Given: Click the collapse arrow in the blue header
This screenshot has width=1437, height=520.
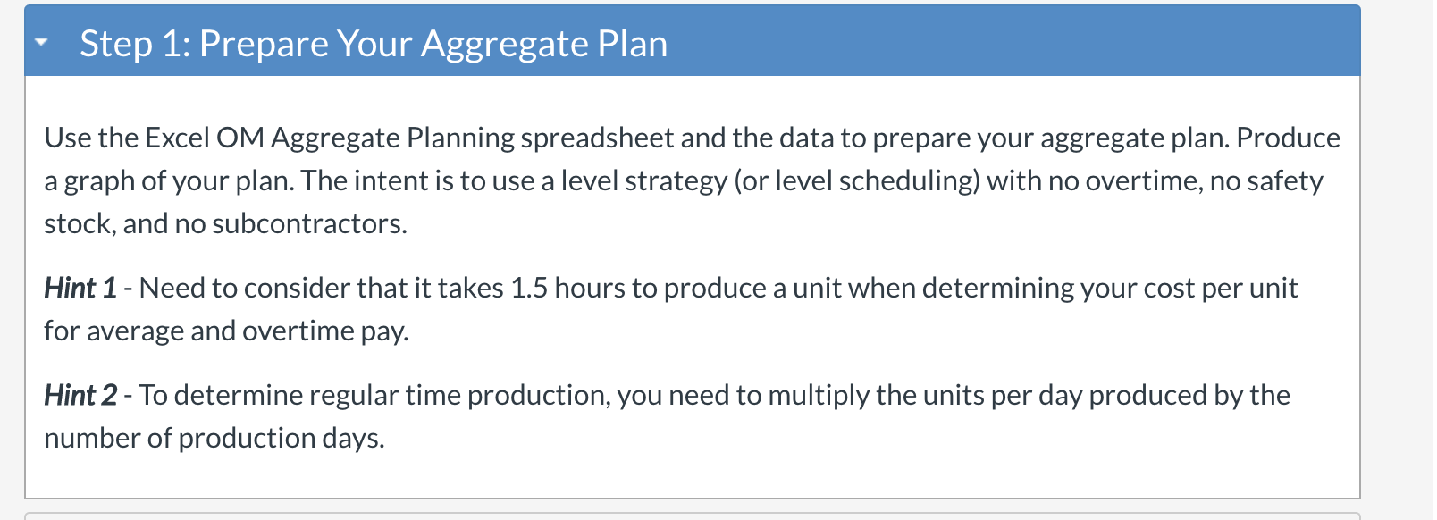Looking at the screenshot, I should (x=41, y=43).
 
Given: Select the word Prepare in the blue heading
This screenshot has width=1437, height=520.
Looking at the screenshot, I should (x=264, y=44).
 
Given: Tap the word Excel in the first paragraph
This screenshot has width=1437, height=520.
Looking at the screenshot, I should (x=177, y=138).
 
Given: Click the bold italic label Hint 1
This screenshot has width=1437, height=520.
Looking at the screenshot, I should (x=80, y=288).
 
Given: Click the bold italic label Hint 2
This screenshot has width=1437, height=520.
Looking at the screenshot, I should (x=80, y=395).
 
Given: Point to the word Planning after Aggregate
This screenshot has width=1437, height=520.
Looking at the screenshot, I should (x=460, y=138).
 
